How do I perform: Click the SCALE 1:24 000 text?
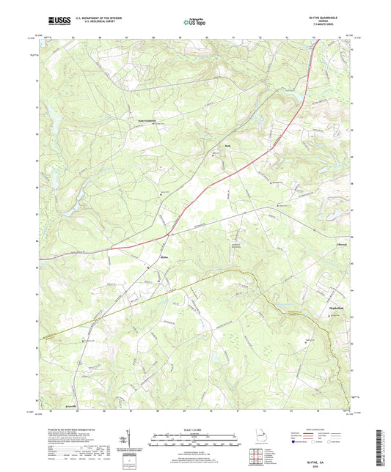194,428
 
